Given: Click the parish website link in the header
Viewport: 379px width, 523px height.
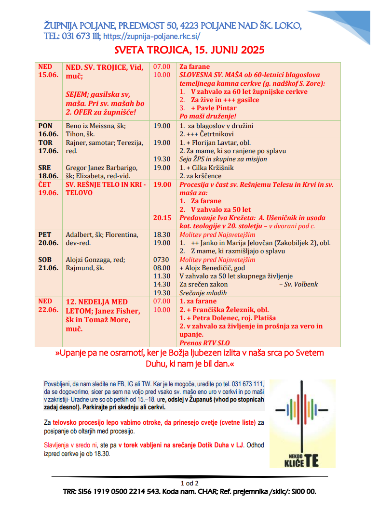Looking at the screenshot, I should click(x=151, y=36).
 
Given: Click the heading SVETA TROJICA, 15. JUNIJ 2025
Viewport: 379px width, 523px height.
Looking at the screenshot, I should click(x=189, y=50).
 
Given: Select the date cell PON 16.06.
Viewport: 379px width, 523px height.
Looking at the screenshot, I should click(x=48, y=130).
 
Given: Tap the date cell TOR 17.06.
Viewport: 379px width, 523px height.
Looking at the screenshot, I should click(x=48, y=147).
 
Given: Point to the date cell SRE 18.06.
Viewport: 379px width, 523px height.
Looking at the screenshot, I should click(x=48, y=172).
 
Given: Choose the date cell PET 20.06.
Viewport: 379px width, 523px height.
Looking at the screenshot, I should click(x=48, y=239).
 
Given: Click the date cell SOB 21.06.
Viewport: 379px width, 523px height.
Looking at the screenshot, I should click(x=48, y=264).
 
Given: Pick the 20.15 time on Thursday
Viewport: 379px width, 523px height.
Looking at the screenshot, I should click(x=162, y=218).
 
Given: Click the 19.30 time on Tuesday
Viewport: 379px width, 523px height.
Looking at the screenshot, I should click(x=162, y=159).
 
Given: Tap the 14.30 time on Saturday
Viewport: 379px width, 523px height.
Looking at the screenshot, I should click(x=162, y=284).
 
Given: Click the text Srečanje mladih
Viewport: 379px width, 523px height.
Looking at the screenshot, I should click(x=203, y=293).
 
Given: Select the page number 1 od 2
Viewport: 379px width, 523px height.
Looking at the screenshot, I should click(x=189, y=483).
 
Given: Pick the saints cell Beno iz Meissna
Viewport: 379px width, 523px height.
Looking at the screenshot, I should click(x=95, y=126).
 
